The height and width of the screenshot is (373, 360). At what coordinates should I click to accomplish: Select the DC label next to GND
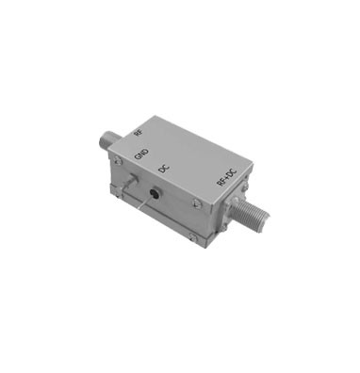tap(163, 169)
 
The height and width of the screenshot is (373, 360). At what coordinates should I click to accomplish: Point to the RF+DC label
tap(225, 184)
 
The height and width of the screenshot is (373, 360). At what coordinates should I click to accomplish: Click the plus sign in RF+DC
tap(226, 183)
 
